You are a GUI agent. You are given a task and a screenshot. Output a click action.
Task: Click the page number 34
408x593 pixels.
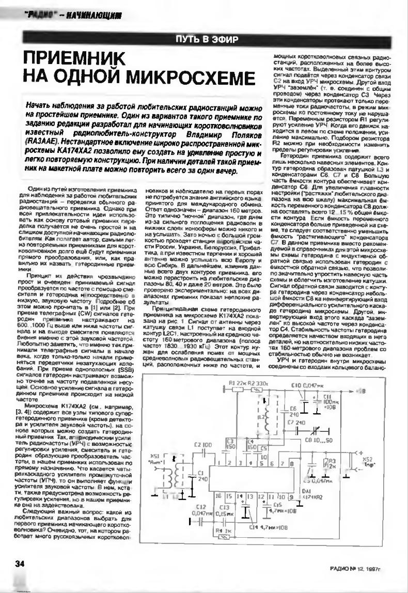pos(20,564)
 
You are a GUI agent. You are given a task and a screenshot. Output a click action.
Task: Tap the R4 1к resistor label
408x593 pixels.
pos(224,531)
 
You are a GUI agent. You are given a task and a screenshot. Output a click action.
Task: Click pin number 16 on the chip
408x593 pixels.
pos(217,496)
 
